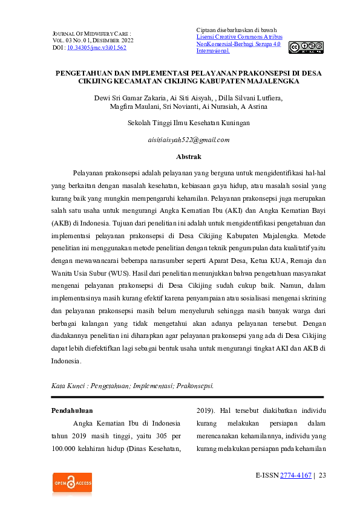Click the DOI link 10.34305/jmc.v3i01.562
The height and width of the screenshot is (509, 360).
pyautogui.click(x=96, y=47)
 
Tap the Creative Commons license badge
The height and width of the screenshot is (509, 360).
pyautogui.click(x=306, y=47)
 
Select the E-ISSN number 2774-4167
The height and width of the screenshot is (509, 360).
pyautogui.click(x=296, y=475)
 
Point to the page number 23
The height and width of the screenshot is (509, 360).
pyautogui.click(x=322, y=475)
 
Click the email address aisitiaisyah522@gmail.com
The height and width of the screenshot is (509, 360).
pyautogui.click(x=189, y=140)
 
